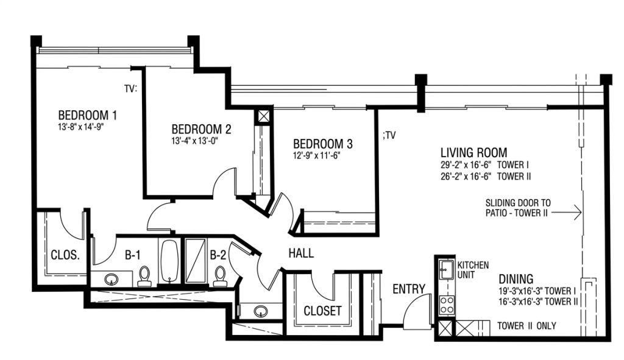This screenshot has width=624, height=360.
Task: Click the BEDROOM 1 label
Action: pyautogui.click(x=88, y=115)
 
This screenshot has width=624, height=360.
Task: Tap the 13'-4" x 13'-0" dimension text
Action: pyautogui.click(x=195, y=141)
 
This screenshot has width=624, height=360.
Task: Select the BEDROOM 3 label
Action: pyautogui.click(x=323, y=144)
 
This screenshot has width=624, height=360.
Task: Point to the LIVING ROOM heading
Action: pyautogui.click(x=473, y=152)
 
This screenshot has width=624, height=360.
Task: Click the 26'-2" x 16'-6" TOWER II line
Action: pyautogui.click(x=486, y=176)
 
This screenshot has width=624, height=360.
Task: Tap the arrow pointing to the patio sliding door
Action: pyautogui.click(x=566, y=213)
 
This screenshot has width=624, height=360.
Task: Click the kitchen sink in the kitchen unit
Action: pyautogui.click(x=446, y=270)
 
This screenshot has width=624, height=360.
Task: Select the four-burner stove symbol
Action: pyautogui.click(x=447, y=305)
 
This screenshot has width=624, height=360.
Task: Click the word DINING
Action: pyautogui.click(x=516, y=279)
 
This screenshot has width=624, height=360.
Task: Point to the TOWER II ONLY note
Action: pyautogui.click(x=526, y=326)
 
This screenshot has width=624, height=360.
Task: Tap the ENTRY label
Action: pyautogui.click(x=409, y=289)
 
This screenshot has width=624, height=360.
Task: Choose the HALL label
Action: pyautogui.click(x=301, y=253)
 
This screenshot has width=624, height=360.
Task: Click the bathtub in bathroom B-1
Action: pyautogui.click(x=169, y=261)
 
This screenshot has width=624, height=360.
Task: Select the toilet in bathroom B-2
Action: pyautogui.click(x=219, y=276)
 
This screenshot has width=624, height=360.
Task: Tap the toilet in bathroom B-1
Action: pyautogui.click(x=144, y=276)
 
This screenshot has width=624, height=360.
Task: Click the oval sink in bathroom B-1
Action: pyautogui.click(x=111, y=279)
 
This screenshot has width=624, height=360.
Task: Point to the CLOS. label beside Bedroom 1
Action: pyautogui.click(x=65, y=255)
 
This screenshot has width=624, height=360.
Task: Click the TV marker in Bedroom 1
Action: pyautogui.click(x=130, y=89)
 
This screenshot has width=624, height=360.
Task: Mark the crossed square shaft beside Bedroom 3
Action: pyautogui.click(x=263, y=116)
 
